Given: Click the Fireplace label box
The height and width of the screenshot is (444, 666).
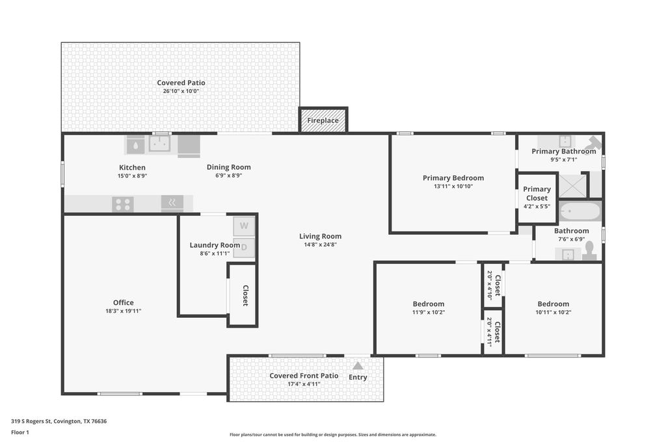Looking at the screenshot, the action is tap(323, 120).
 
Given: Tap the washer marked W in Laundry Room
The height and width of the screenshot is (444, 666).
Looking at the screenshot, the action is tap(244, 226).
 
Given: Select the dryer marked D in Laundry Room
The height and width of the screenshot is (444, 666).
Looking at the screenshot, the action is tap(244, 248).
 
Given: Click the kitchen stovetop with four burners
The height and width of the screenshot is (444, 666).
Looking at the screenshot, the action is tap(123, 205).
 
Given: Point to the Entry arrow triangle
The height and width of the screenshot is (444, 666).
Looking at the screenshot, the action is tap(358, 366).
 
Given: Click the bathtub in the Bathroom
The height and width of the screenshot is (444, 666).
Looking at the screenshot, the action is tap(579, 211).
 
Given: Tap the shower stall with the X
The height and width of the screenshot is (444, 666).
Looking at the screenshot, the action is tap(572, 185).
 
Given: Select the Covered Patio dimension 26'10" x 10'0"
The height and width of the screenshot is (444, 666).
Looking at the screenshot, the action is tap(181, 91).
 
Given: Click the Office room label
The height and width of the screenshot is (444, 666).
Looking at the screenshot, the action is tap(123, 303).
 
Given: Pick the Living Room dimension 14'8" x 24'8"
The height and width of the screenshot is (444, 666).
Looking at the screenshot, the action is tap(320, 244).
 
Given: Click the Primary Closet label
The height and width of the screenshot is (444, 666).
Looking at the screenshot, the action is tap(537, 194).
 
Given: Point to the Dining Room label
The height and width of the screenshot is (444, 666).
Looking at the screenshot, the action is tap(228, 167).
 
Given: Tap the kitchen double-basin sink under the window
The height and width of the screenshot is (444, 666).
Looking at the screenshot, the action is tap(160, 144).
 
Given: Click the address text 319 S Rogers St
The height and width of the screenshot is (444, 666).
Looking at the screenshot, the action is tap(31, 421).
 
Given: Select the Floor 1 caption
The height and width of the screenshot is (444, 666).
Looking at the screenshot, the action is tap(20, 432).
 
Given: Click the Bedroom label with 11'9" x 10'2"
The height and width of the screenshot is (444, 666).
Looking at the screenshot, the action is tap(429, 304).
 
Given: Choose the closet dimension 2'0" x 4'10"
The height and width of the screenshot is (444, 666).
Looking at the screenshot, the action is tap(489, 285).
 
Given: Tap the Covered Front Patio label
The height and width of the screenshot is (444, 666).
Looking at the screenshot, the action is tap(304, 376).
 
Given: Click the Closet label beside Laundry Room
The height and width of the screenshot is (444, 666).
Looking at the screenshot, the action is tap(245, 295).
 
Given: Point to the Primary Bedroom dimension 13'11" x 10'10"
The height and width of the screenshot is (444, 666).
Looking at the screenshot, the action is tap(453, 187).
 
